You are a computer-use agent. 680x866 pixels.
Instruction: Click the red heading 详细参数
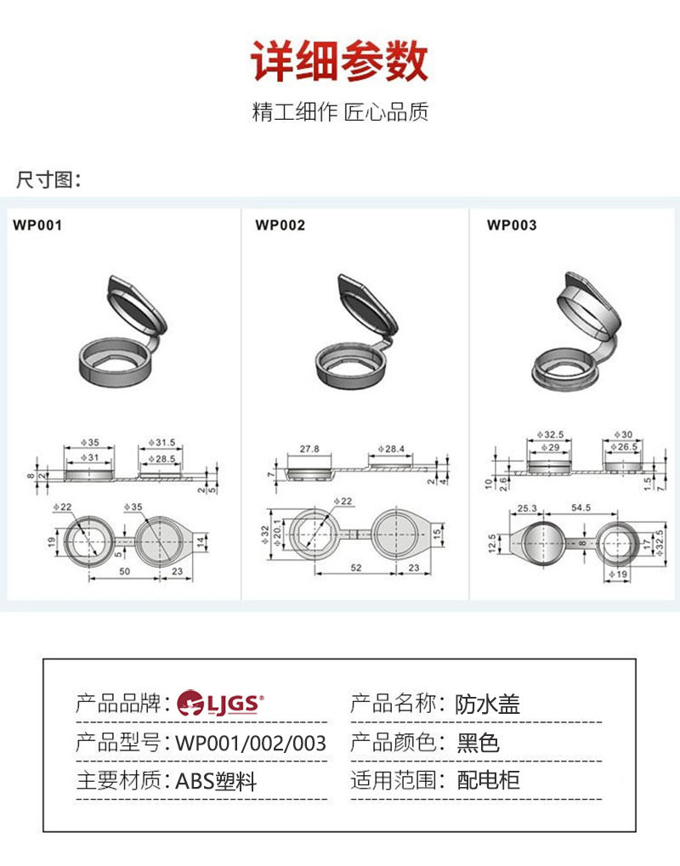339,61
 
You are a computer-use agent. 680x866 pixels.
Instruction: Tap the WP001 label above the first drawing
37,226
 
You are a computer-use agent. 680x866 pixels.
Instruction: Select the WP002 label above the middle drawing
280,226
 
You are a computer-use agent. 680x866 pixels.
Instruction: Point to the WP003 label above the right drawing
512,226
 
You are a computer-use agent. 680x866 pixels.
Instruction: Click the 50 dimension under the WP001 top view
124,572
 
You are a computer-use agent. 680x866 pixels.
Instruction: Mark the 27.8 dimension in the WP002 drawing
309,448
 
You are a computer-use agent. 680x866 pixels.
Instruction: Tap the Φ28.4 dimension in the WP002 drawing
395,448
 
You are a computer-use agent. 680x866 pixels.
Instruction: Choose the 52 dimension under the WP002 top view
355,568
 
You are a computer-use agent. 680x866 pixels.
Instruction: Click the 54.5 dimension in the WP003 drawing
581,507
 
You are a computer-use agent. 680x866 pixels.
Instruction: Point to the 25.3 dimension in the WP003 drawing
527,507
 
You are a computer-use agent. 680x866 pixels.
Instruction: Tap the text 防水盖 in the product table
487,704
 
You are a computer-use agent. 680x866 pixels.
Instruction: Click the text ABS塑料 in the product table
216,780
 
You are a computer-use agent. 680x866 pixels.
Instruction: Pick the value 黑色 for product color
478,743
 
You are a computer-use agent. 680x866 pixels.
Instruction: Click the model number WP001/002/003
251,743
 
